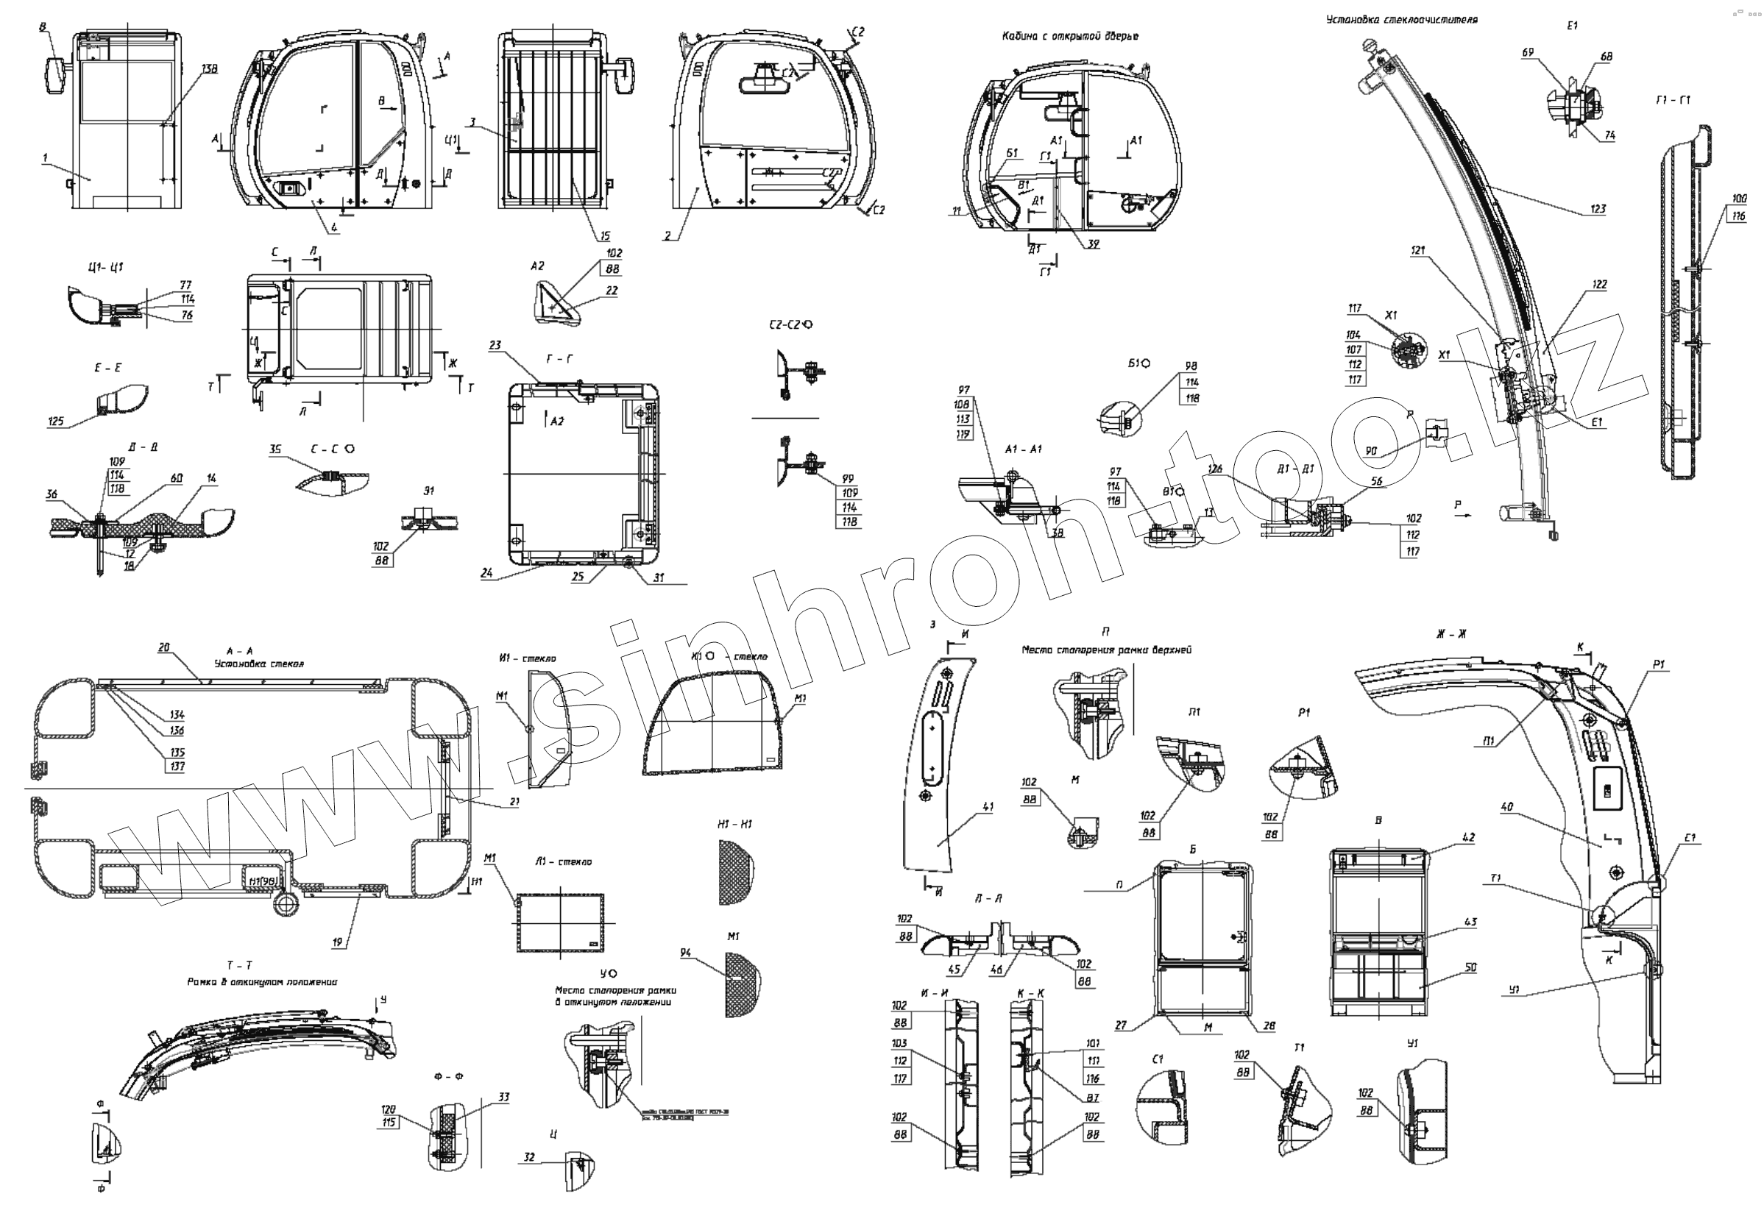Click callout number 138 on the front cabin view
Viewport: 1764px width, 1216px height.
(209, 68)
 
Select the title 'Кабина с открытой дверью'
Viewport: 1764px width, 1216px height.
(1070, 36)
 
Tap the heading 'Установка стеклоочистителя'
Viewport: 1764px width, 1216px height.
(1401, 20)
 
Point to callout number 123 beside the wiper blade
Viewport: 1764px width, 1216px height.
(1598, 208)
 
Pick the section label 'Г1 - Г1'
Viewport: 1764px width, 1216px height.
(1673, 100)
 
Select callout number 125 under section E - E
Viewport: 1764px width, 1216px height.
(57, 421)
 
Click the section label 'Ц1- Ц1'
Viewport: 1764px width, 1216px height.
(105, 266)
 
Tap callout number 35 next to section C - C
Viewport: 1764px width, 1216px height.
(275, 449)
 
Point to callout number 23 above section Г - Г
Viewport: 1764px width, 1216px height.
(495, 345)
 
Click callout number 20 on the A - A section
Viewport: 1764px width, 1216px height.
(164, 647)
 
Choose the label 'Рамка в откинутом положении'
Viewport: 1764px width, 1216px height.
(262, 981)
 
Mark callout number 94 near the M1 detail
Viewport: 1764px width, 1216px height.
(686, 953)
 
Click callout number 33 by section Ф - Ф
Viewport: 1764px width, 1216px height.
(503, 1096)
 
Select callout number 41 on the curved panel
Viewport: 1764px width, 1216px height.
(988, 806)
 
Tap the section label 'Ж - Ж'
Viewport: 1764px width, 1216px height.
(1450, 633)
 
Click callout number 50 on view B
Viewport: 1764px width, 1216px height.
(1470, 967)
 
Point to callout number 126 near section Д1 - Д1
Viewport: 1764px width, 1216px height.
(1215, 469)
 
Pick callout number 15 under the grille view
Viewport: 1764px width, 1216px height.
(604, 236)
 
